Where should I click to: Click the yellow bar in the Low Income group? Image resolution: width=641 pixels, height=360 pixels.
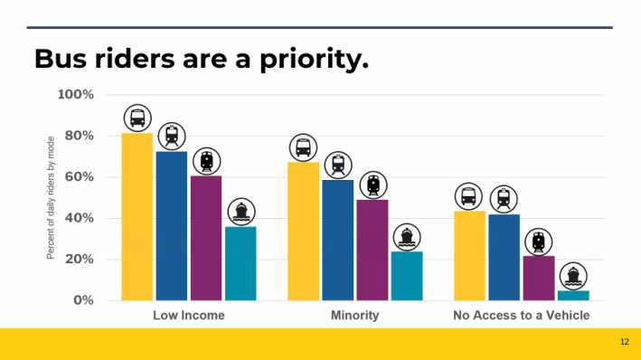(x=137, y=217)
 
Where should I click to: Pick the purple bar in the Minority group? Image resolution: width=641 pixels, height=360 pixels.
(x=372, y=251)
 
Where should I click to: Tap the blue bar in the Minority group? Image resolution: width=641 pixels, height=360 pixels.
(x=338, y=241)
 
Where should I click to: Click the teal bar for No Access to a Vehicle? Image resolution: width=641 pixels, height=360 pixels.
(x=573, y=295)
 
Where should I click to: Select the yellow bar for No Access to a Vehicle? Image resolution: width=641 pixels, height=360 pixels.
(x=469, y=256)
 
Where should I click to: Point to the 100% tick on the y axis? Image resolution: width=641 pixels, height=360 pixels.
(x=76, y=95)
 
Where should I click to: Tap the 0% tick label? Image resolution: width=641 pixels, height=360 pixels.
(x=82, y=300)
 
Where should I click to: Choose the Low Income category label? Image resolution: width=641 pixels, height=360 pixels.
(x=188, y=316)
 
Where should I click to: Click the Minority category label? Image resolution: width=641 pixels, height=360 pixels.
(x=354, y=316)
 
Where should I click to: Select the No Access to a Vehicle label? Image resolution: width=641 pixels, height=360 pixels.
(x=521, y=316)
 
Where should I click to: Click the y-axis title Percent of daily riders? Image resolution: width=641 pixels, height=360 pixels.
(x=52, y=197)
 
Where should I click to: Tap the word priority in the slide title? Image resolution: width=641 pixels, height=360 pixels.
(x=307, y=60)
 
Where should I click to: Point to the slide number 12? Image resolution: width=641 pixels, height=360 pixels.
(x=625, y=342)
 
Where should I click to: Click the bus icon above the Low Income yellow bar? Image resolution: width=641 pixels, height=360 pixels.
(x=137, y=118)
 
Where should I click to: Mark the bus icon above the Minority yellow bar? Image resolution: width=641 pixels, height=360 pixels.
(x=303, y=147)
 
